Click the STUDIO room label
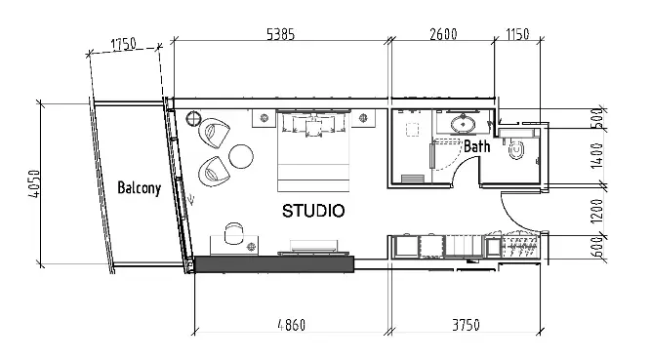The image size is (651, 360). coord(312,210)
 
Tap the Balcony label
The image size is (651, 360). coord(138,188)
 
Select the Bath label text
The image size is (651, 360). coord(476,147)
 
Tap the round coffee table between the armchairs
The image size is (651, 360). coord(240,155)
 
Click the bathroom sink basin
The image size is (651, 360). coord(463,124)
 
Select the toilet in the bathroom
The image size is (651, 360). coord(517,148)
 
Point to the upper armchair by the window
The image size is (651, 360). coord(218,131)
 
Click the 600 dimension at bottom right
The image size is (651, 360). coord(597,249)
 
